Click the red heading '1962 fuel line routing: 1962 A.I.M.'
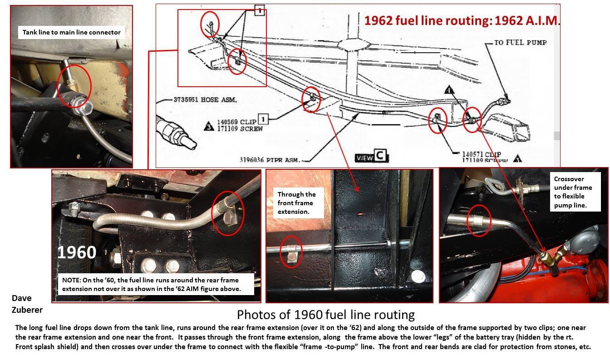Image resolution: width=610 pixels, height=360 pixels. click(462, 20)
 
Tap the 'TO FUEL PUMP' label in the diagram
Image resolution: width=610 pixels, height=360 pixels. click(520, 43)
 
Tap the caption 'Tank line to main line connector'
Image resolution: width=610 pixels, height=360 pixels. click(72, 32)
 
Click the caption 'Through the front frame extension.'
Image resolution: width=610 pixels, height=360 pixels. click(296, 202)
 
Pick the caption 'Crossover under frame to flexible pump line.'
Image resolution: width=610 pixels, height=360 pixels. click(573, 192)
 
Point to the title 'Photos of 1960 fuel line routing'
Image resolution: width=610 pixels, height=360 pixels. click(326, 314)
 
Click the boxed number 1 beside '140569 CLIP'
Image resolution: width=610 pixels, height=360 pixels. click(264, 119)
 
